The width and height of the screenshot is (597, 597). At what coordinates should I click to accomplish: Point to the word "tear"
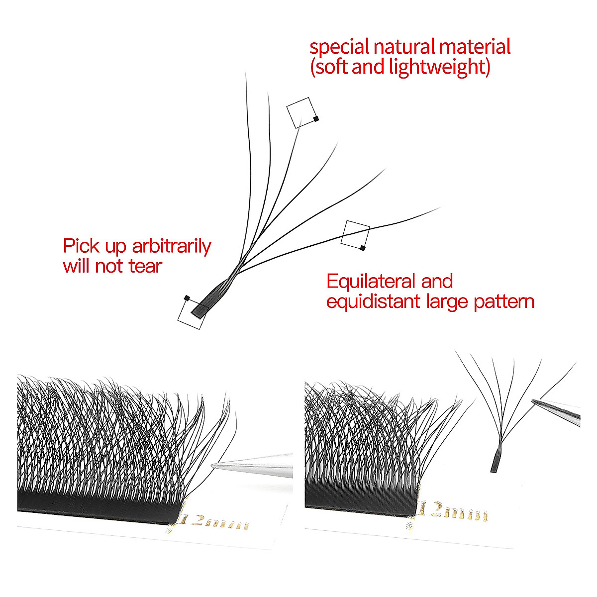[145, 266]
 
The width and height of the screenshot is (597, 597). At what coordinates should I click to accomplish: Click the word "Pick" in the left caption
[80, 247]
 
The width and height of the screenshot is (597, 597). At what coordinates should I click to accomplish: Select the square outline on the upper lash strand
[301, 112]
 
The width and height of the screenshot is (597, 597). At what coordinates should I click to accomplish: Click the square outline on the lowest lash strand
[355, 233]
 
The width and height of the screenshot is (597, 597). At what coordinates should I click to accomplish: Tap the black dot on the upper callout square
[316, 118]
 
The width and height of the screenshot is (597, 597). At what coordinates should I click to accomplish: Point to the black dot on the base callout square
[187, 298]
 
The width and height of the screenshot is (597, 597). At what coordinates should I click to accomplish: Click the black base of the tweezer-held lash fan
[495, 460]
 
